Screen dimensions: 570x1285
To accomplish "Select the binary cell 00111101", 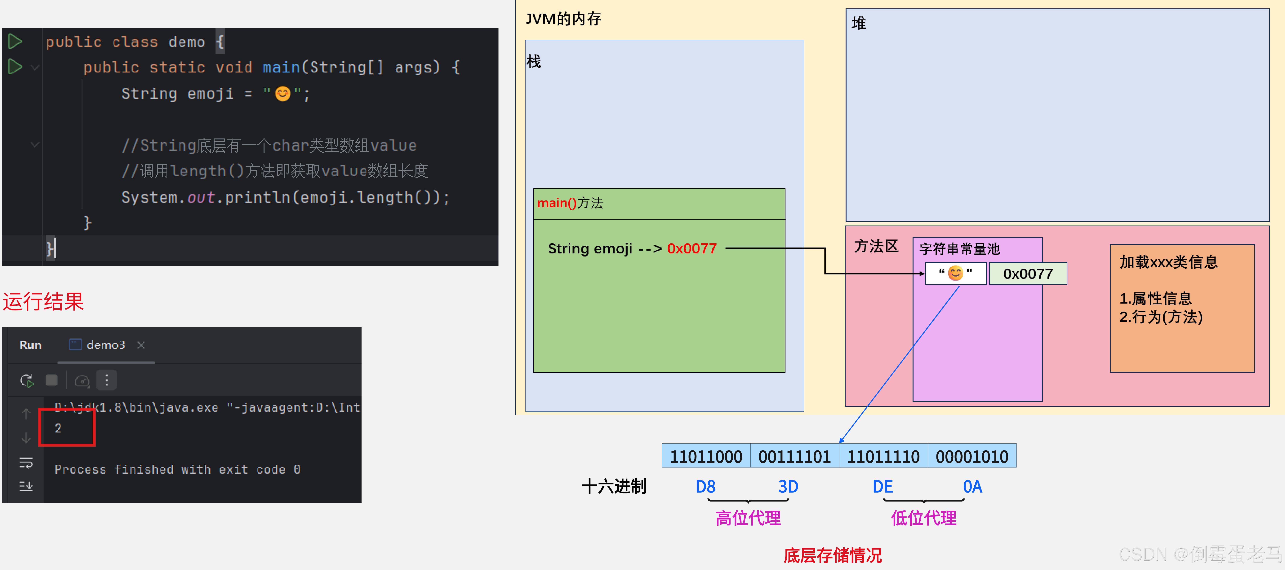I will point(794,456).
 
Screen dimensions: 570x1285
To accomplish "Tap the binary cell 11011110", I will point(883,456).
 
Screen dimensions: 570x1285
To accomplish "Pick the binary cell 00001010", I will point(972,456).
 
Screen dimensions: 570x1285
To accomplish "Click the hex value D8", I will point(705,486).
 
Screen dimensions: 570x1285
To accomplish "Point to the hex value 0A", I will point(972,486).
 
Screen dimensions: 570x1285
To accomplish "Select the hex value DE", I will point(883,486).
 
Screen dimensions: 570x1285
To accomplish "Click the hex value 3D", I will point(788,486).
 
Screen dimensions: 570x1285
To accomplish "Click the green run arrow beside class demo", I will point(15,41).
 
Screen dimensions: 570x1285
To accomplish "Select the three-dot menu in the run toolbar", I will point(106,380).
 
